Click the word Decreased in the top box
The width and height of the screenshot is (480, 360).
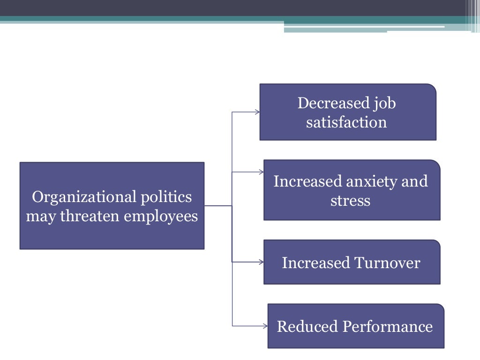pos(327,103)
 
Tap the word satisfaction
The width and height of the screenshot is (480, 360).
pos(346,122)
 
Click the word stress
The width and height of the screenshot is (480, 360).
pos(350,201)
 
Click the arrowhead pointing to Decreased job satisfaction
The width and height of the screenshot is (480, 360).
pos(257,112)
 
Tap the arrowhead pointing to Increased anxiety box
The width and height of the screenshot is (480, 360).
pos(261,172)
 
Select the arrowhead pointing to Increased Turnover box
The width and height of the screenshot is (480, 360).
pos(261,262)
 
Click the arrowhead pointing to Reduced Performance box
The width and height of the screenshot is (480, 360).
pos(265,326)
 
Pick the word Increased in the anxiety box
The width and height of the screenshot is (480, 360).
pos(307,181)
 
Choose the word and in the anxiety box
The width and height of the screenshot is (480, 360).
pos(414,181)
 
